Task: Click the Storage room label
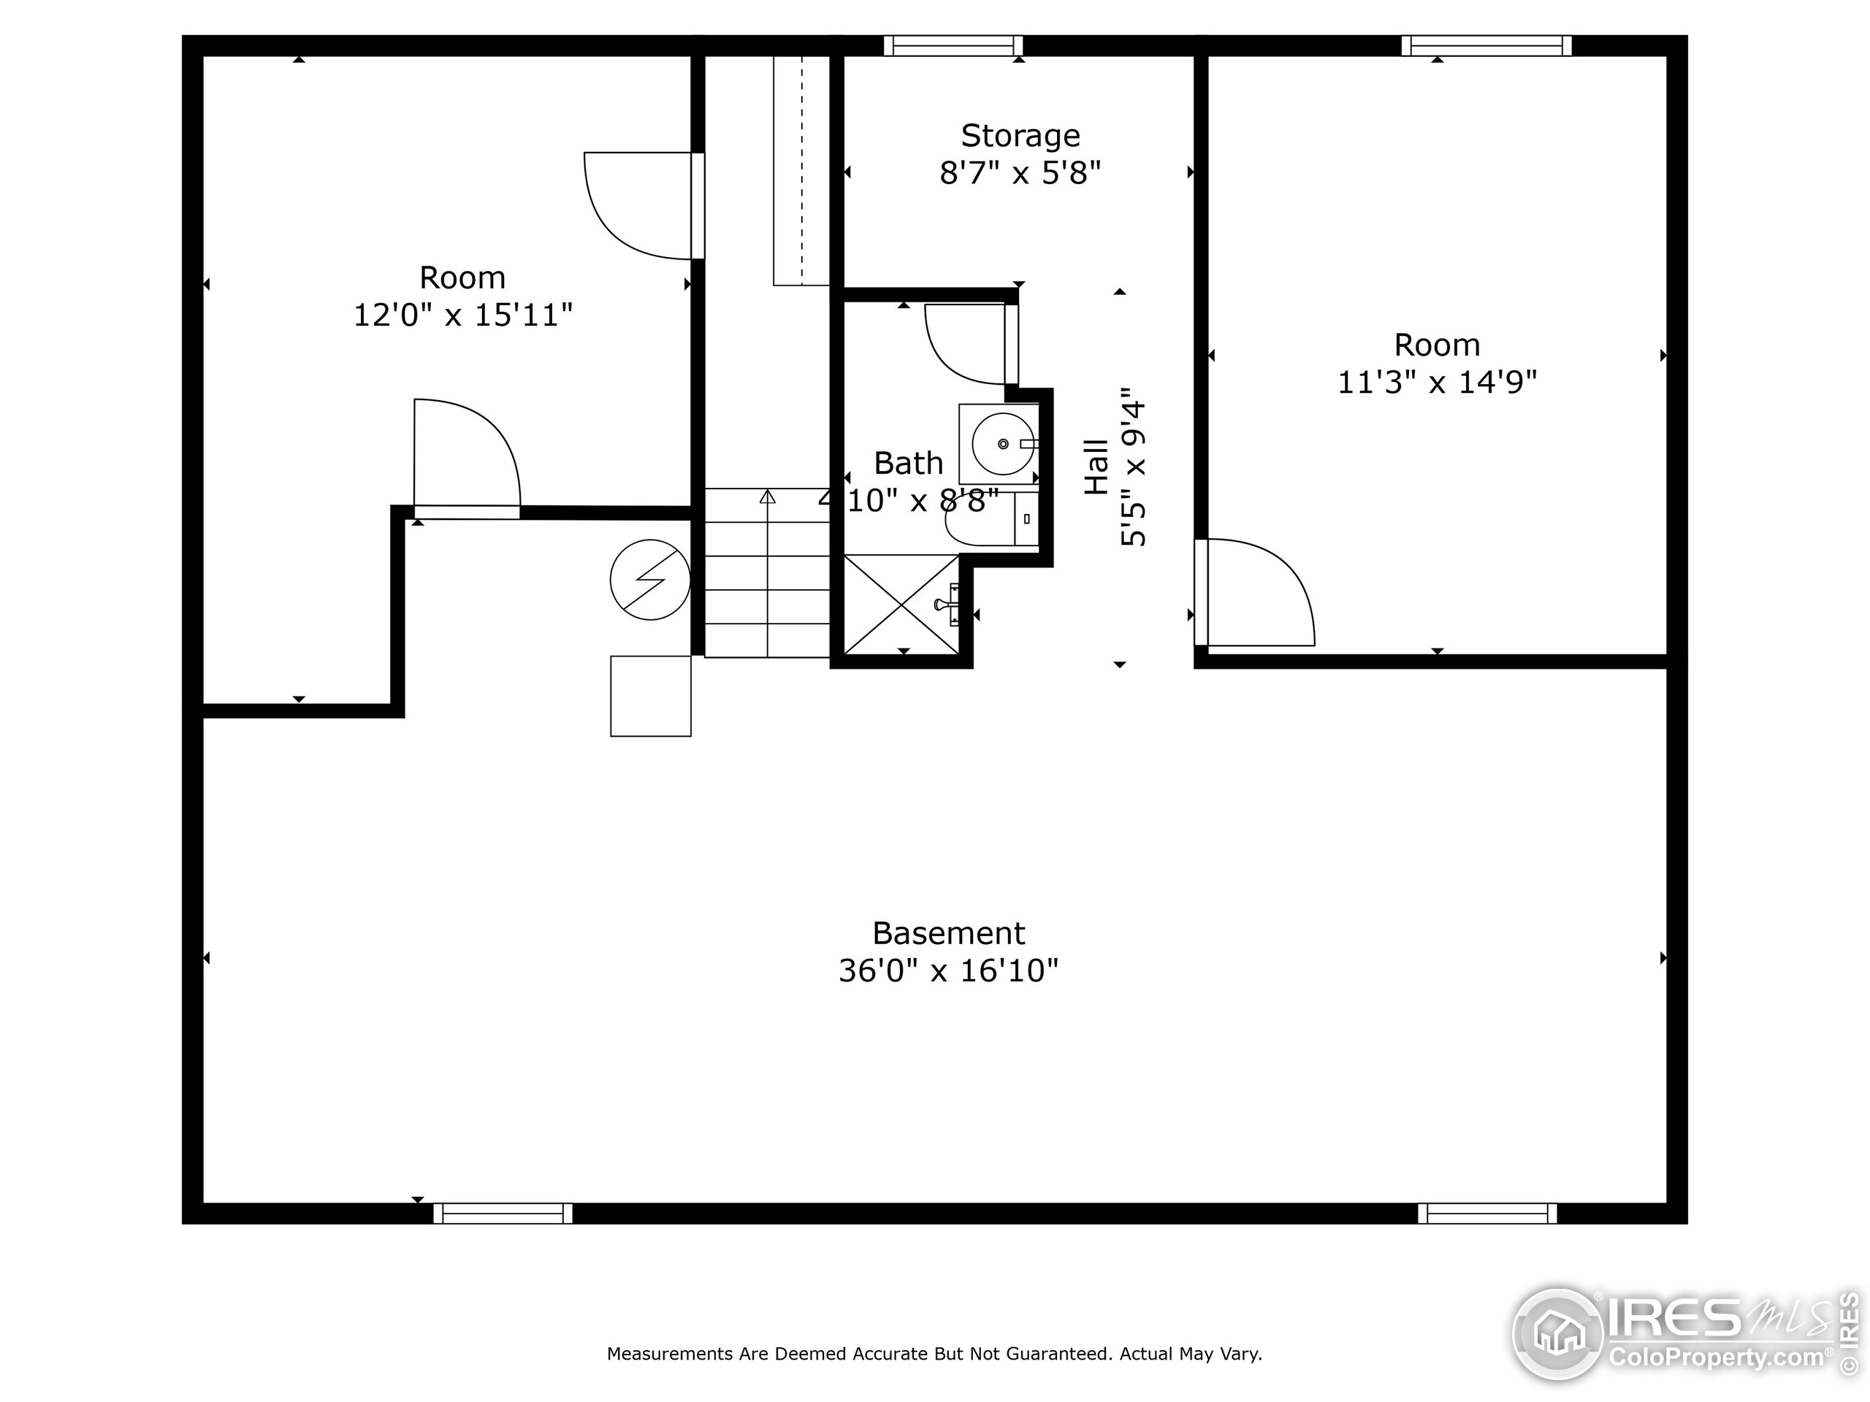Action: pyautogui.click(x=1020, y=135)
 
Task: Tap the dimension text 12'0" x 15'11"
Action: pyautogui.click(x=462, y=315)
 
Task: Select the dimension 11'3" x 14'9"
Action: pyautogui.click(x=1436, y=382)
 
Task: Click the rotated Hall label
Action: pyautogui.click(x=1096, y=467)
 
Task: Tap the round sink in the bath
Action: pyautogui.click(x=1003, y=444)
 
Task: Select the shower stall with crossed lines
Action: pyautogui.click(x=902, y=603)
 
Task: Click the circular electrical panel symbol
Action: pyautogui.click(x=650, y=580)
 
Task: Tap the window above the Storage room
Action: pyautogui.click(x=953, y=45)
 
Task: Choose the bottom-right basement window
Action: pyautogui.click(x=1487, y=1214)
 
